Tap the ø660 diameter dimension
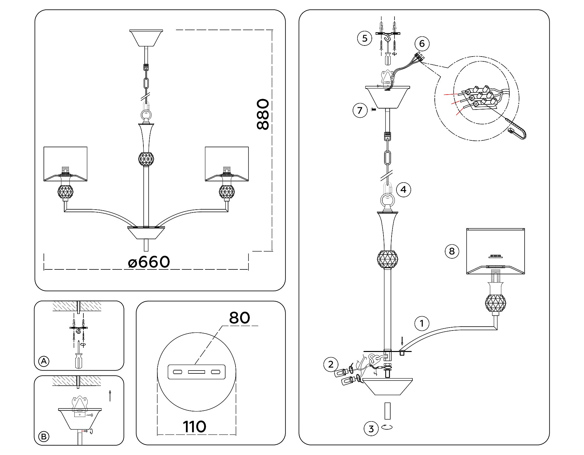(149, 262)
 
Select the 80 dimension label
(239, 318)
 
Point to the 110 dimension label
(195, 427)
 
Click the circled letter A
(44, 361)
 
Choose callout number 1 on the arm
(422, 323)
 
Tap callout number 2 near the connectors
(331, 364)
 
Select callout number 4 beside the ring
(404, 189)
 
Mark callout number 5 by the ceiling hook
(365, 38)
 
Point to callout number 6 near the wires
(422, 44)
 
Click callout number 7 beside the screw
(359, 110)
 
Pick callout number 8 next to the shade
(452, 251)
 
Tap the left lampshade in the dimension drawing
(66, 164)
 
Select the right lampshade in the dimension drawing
(227, 164)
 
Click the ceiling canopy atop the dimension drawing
(146, 38)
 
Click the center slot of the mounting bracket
(197, 371)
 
